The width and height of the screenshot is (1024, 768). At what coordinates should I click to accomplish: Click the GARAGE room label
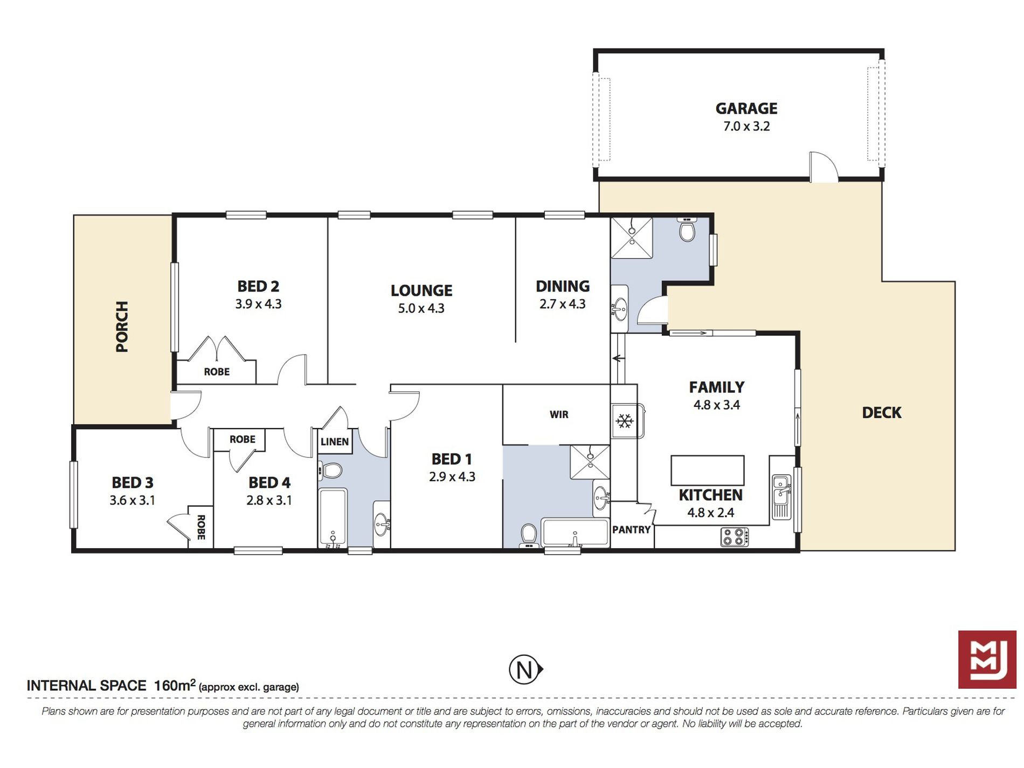746,108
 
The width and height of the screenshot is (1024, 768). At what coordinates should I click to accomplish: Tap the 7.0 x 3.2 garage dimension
746,127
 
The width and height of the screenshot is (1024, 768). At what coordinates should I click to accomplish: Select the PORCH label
122,327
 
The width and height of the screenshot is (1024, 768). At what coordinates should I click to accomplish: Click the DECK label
881,413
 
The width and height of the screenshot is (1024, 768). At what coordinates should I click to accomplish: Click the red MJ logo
987,659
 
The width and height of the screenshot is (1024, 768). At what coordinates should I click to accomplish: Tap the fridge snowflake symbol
625,421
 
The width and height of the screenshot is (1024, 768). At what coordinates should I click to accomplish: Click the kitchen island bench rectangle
707,471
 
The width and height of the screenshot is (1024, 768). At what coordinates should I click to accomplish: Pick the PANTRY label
631,530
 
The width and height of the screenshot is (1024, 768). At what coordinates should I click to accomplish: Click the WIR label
559,414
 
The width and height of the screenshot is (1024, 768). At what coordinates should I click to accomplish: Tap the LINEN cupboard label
334,442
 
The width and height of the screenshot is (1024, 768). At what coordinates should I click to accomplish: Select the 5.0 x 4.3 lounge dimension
421,308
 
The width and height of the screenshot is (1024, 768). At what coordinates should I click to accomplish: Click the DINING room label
562,286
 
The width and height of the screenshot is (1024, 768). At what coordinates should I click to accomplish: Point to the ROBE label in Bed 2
217,372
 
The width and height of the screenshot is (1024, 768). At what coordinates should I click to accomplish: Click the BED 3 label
133,482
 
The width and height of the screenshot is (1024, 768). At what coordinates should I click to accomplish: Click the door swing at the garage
824,166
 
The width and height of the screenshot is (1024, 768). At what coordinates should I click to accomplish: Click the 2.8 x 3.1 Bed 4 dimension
269,500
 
